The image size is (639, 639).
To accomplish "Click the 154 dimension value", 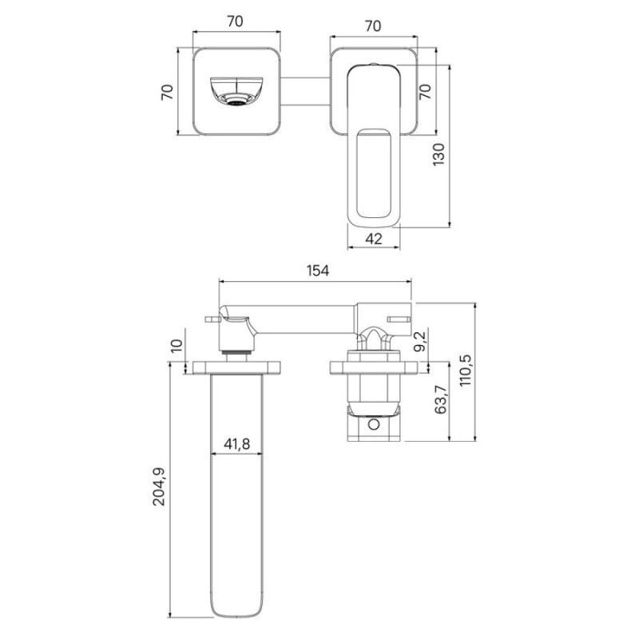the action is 318,271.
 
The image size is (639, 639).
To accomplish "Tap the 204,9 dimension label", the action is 159,486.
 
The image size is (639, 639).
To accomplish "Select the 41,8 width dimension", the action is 236,444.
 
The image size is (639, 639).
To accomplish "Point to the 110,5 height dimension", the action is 465,370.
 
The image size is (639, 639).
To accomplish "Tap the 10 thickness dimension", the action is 177,346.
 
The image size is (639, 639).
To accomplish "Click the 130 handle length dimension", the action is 439,154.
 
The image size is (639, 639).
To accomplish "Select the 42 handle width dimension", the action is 374,238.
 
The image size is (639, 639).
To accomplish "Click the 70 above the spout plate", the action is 235,22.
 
